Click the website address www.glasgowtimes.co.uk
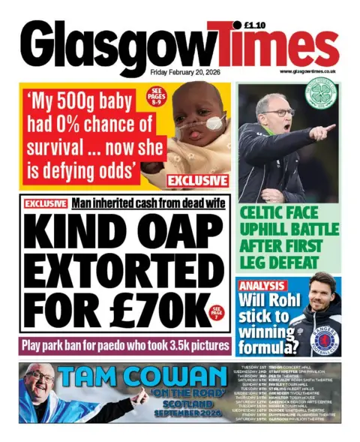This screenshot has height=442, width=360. tap(307, 72)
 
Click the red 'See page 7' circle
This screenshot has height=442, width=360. tap(217, 311)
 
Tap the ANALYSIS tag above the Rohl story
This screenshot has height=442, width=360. tap(262, 286)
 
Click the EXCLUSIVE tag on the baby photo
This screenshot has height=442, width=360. tap(197, 181)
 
